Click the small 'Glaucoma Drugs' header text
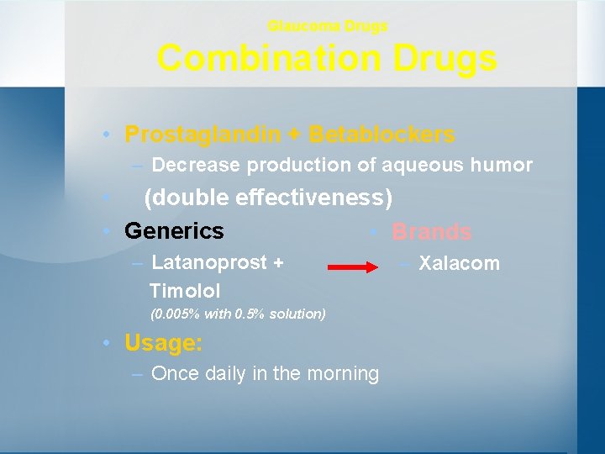328,26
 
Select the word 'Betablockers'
382,135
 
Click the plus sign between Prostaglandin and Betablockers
298,135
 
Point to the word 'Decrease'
194,165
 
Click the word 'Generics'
174,230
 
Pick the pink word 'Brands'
432,232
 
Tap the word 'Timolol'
185,291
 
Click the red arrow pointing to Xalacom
354,267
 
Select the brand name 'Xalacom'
459,264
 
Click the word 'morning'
344,373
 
